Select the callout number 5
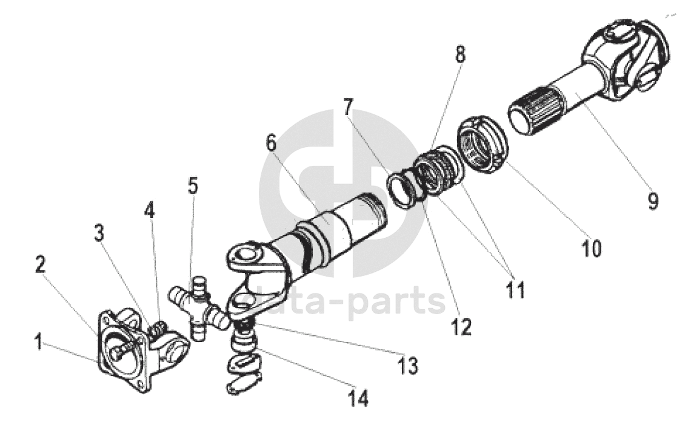[x=193, y=186]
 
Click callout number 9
[x=652, y=200]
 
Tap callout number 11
[x=515, y=290]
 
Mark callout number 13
[x=409, y=365]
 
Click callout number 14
[x=358, y=398]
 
